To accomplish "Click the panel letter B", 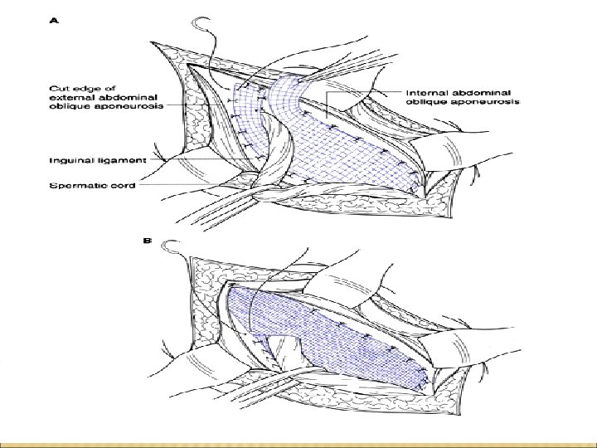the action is coord(148,241).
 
